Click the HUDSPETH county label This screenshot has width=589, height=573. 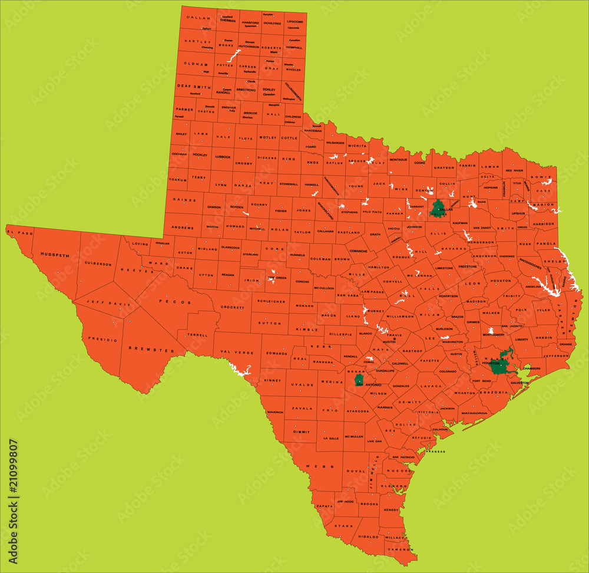tap(54, 255)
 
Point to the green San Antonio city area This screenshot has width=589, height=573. tap(359, 380)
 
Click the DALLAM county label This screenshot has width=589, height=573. tap(198, 18)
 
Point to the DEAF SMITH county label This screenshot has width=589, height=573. tap(194, 87)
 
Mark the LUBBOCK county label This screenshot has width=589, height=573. tap(223, 157)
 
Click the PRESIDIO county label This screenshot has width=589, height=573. tap(104, 340)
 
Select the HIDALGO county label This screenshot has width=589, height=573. tap(368, 537)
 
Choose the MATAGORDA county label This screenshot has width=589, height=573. tap(474, 413)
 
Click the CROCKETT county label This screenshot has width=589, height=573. tap(233, 307)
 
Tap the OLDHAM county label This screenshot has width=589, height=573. tap(196, 64)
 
